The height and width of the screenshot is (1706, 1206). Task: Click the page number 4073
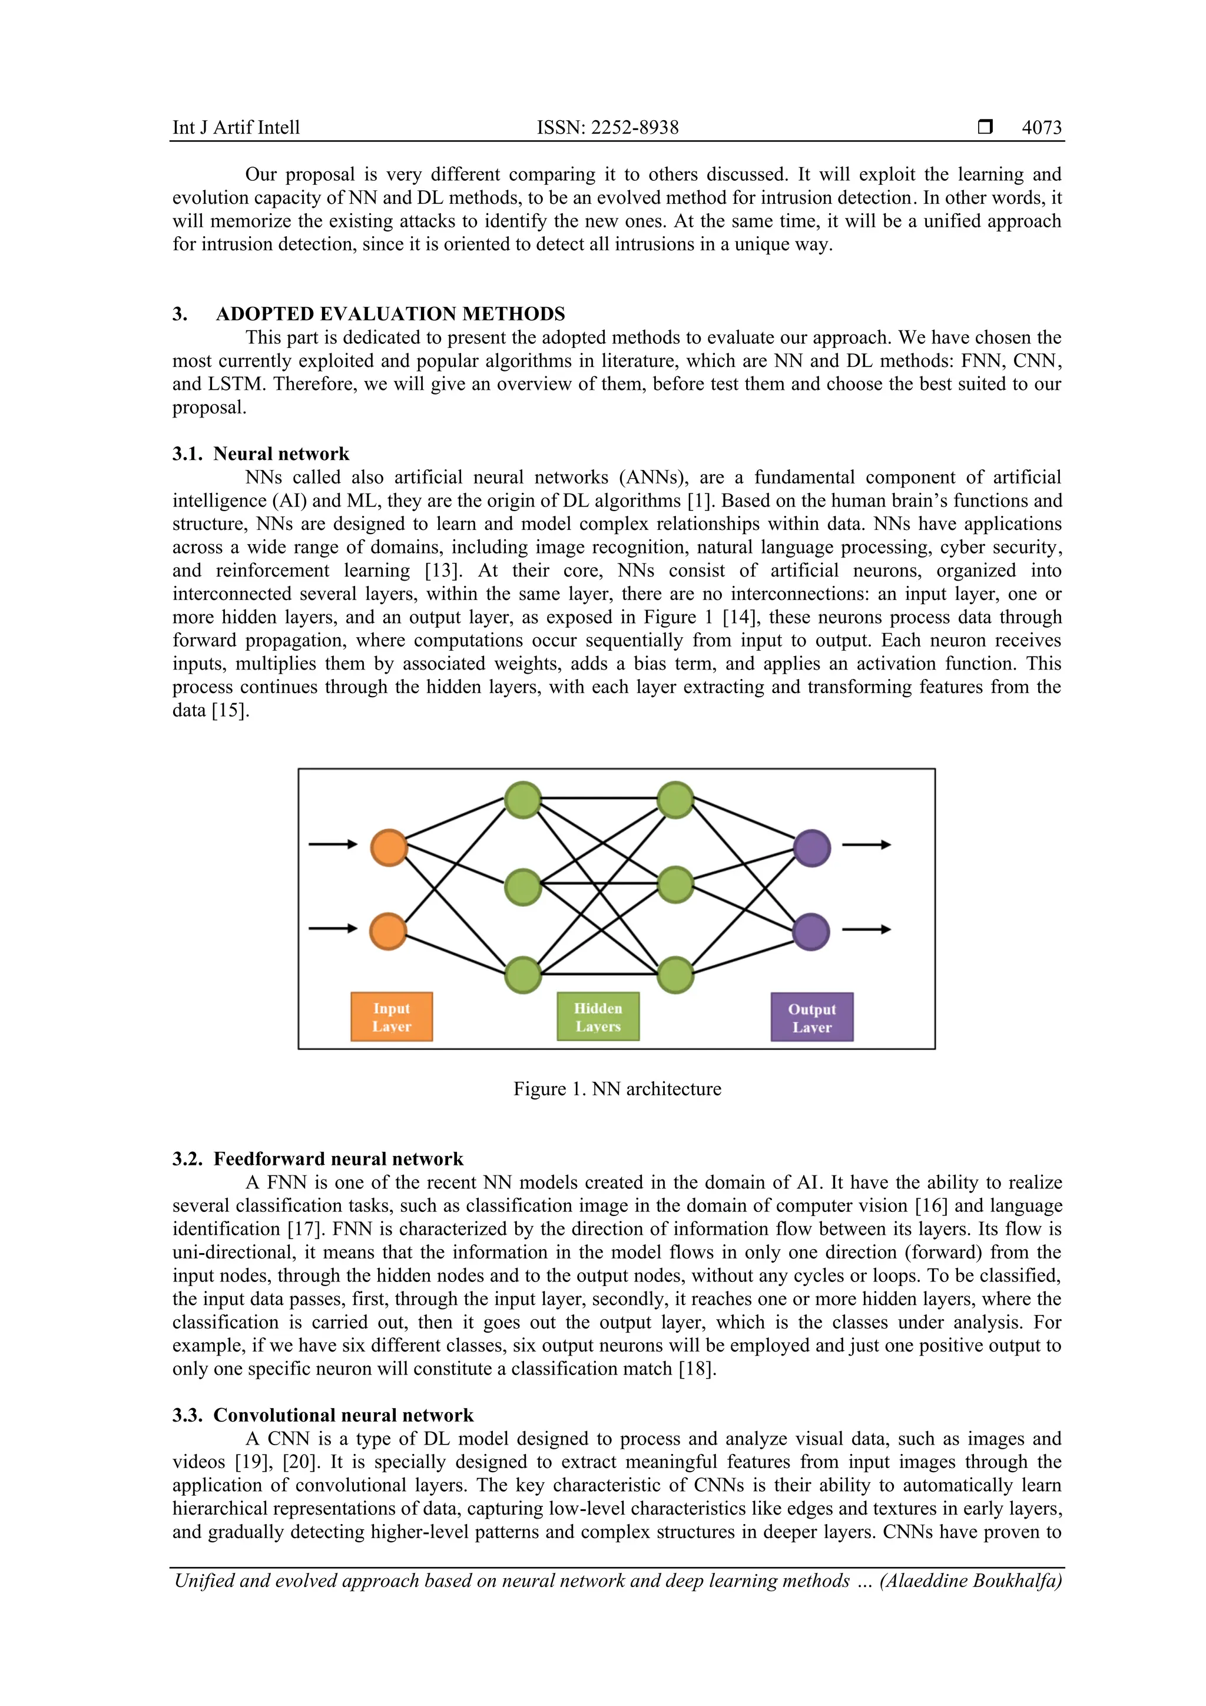click(1041, 128)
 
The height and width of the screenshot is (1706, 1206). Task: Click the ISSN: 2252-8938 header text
click(607, 128)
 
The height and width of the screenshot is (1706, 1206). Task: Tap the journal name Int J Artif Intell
click(236, 128)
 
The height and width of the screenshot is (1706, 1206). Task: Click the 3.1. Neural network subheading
click(261, 454)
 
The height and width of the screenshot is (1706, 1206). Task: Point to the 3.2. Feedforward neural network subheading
click(317, 1159)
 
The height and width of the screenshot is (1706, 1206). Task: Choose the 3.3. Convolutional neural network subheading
click(323, 1416)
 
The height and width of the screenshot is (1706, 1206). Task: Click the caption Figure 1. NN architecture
click(617, 1089)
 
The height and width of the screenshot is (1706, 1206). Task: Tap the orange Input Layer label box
click(392, 1017)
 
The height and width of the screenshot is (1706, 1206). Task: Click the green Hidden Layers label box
click(598, 1017)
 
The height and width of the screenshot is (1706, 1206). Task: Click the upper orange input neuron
click(389, 848)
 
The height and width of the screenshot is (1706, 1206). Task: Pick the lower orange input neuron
click(388, 932)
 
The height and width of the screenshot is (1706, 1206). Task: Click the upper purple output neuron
click(811, 848)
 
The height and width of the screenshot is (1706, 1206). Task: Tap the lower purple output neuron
click(811, 932)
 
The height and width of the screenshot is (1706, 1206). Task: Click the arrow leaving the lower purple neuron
click(866, 929)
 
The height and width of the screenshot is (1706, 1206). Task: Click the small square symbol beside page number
click(985, 127)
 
